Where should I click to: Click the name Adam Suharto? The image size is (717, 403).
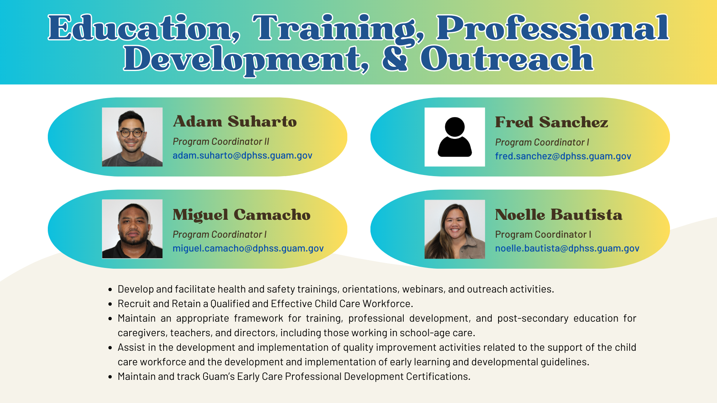coord(235,122)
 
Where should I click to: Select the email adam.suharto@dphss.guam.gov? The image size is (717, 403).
coord(242,155)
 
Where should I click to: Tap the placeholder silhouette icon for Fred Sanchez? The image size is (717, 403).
coord(454,137)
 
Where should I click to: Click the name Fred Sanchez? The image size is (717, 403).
coord(551,122)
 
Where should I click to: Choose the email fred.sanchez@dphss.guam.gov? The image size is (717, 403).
coord(563,156)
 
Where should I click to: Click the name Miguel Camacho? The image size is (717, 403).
coord(241,215)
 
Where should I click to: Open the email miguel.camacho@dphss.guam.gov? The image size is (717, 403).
coord(248,248)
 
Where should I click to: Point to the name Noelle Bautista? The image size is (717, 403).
coord(558,215)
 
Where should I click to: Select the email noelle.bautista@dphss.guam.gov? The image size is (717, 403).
coord(567,248)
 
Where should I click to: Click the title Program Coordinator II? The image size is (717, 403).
coord(221,142)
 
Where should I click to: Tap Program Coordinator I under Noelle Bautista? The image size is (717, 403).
coord(543,234)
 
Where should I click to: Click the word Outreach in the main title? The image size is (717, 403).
coord(506,59)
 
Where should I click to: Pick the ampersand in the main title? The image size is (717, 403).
coord(394,59)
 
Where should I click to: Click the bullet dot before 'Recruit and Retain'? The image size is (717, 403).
coord(110,304)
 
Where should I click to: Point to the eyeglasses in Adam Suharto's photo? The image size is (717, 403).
coord(131,133)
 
